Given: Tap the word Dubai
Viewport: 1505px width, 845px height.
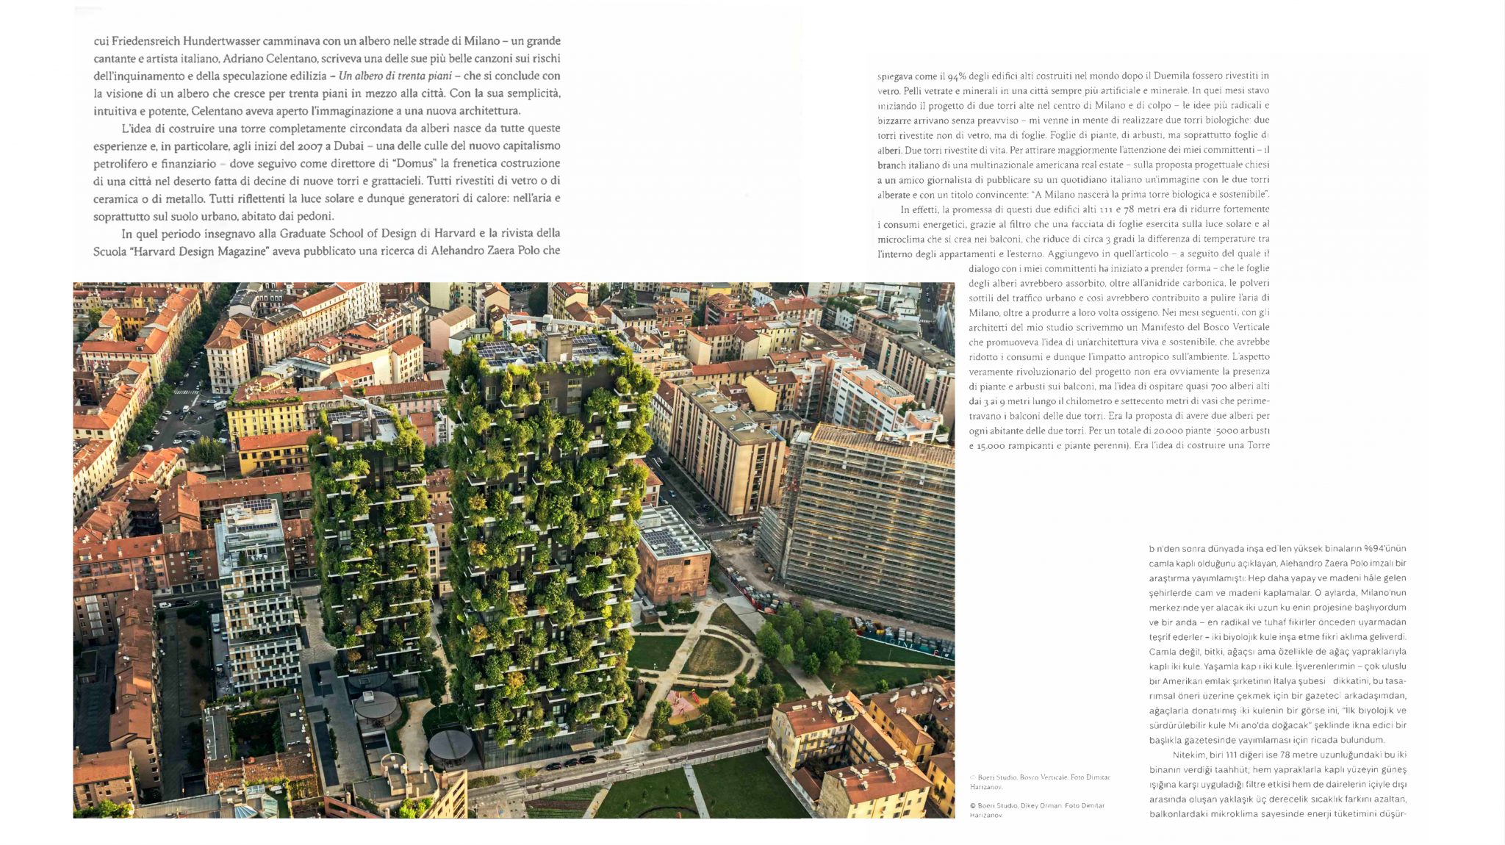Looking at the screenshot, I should (x=349, y=145).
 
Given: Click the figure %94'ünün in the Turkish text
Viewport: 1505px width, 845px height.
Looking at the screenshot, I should (x=1384, y=549).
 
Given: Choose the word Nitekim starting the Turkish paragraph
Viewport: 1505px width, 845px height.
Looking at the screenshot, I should (x=1189, y=755).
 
